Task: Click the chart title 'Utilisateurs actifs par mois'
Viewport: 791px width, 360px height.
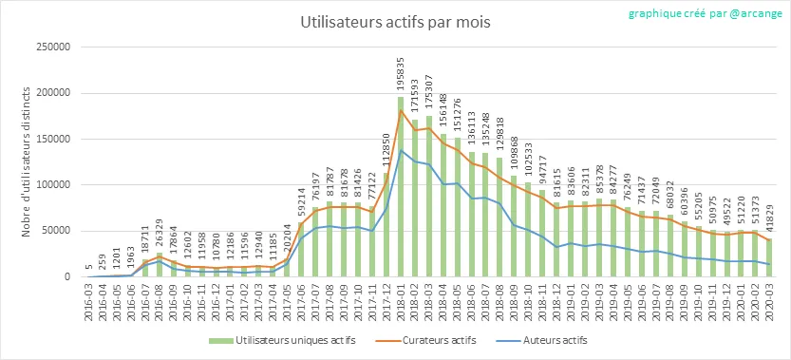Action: point(395,23)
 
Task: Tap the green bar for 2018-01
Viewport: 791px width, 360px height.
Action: point(401,187)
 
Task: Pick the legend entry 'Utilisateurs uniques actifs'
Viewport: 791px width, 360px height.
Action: point(282,340)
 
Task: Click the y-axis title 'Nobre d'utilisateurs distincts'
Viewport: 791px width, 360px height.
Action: point(27,161)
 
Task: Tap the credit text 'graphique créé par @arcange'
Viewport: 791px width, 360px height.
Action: point(705,13)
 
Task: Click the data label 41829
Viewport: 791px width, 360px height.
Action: point(769,219)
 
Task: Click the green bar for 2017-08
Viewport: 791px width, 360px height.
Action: point(330,239)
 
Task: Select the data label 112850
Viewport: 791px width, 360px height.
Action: point(386,152)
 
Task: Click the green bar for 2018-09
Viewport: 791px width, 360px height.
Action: point(514,226)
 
